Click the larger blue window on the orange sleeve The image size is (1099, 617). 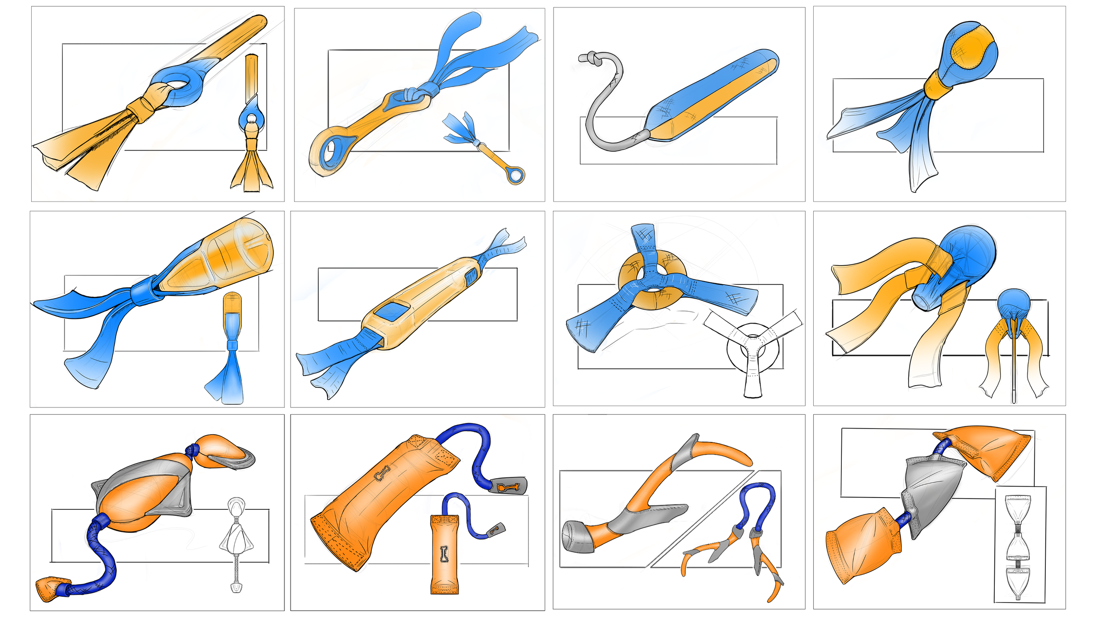pos(393,311)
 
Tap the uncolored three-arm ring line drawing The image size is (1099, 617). pos(753,347)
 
